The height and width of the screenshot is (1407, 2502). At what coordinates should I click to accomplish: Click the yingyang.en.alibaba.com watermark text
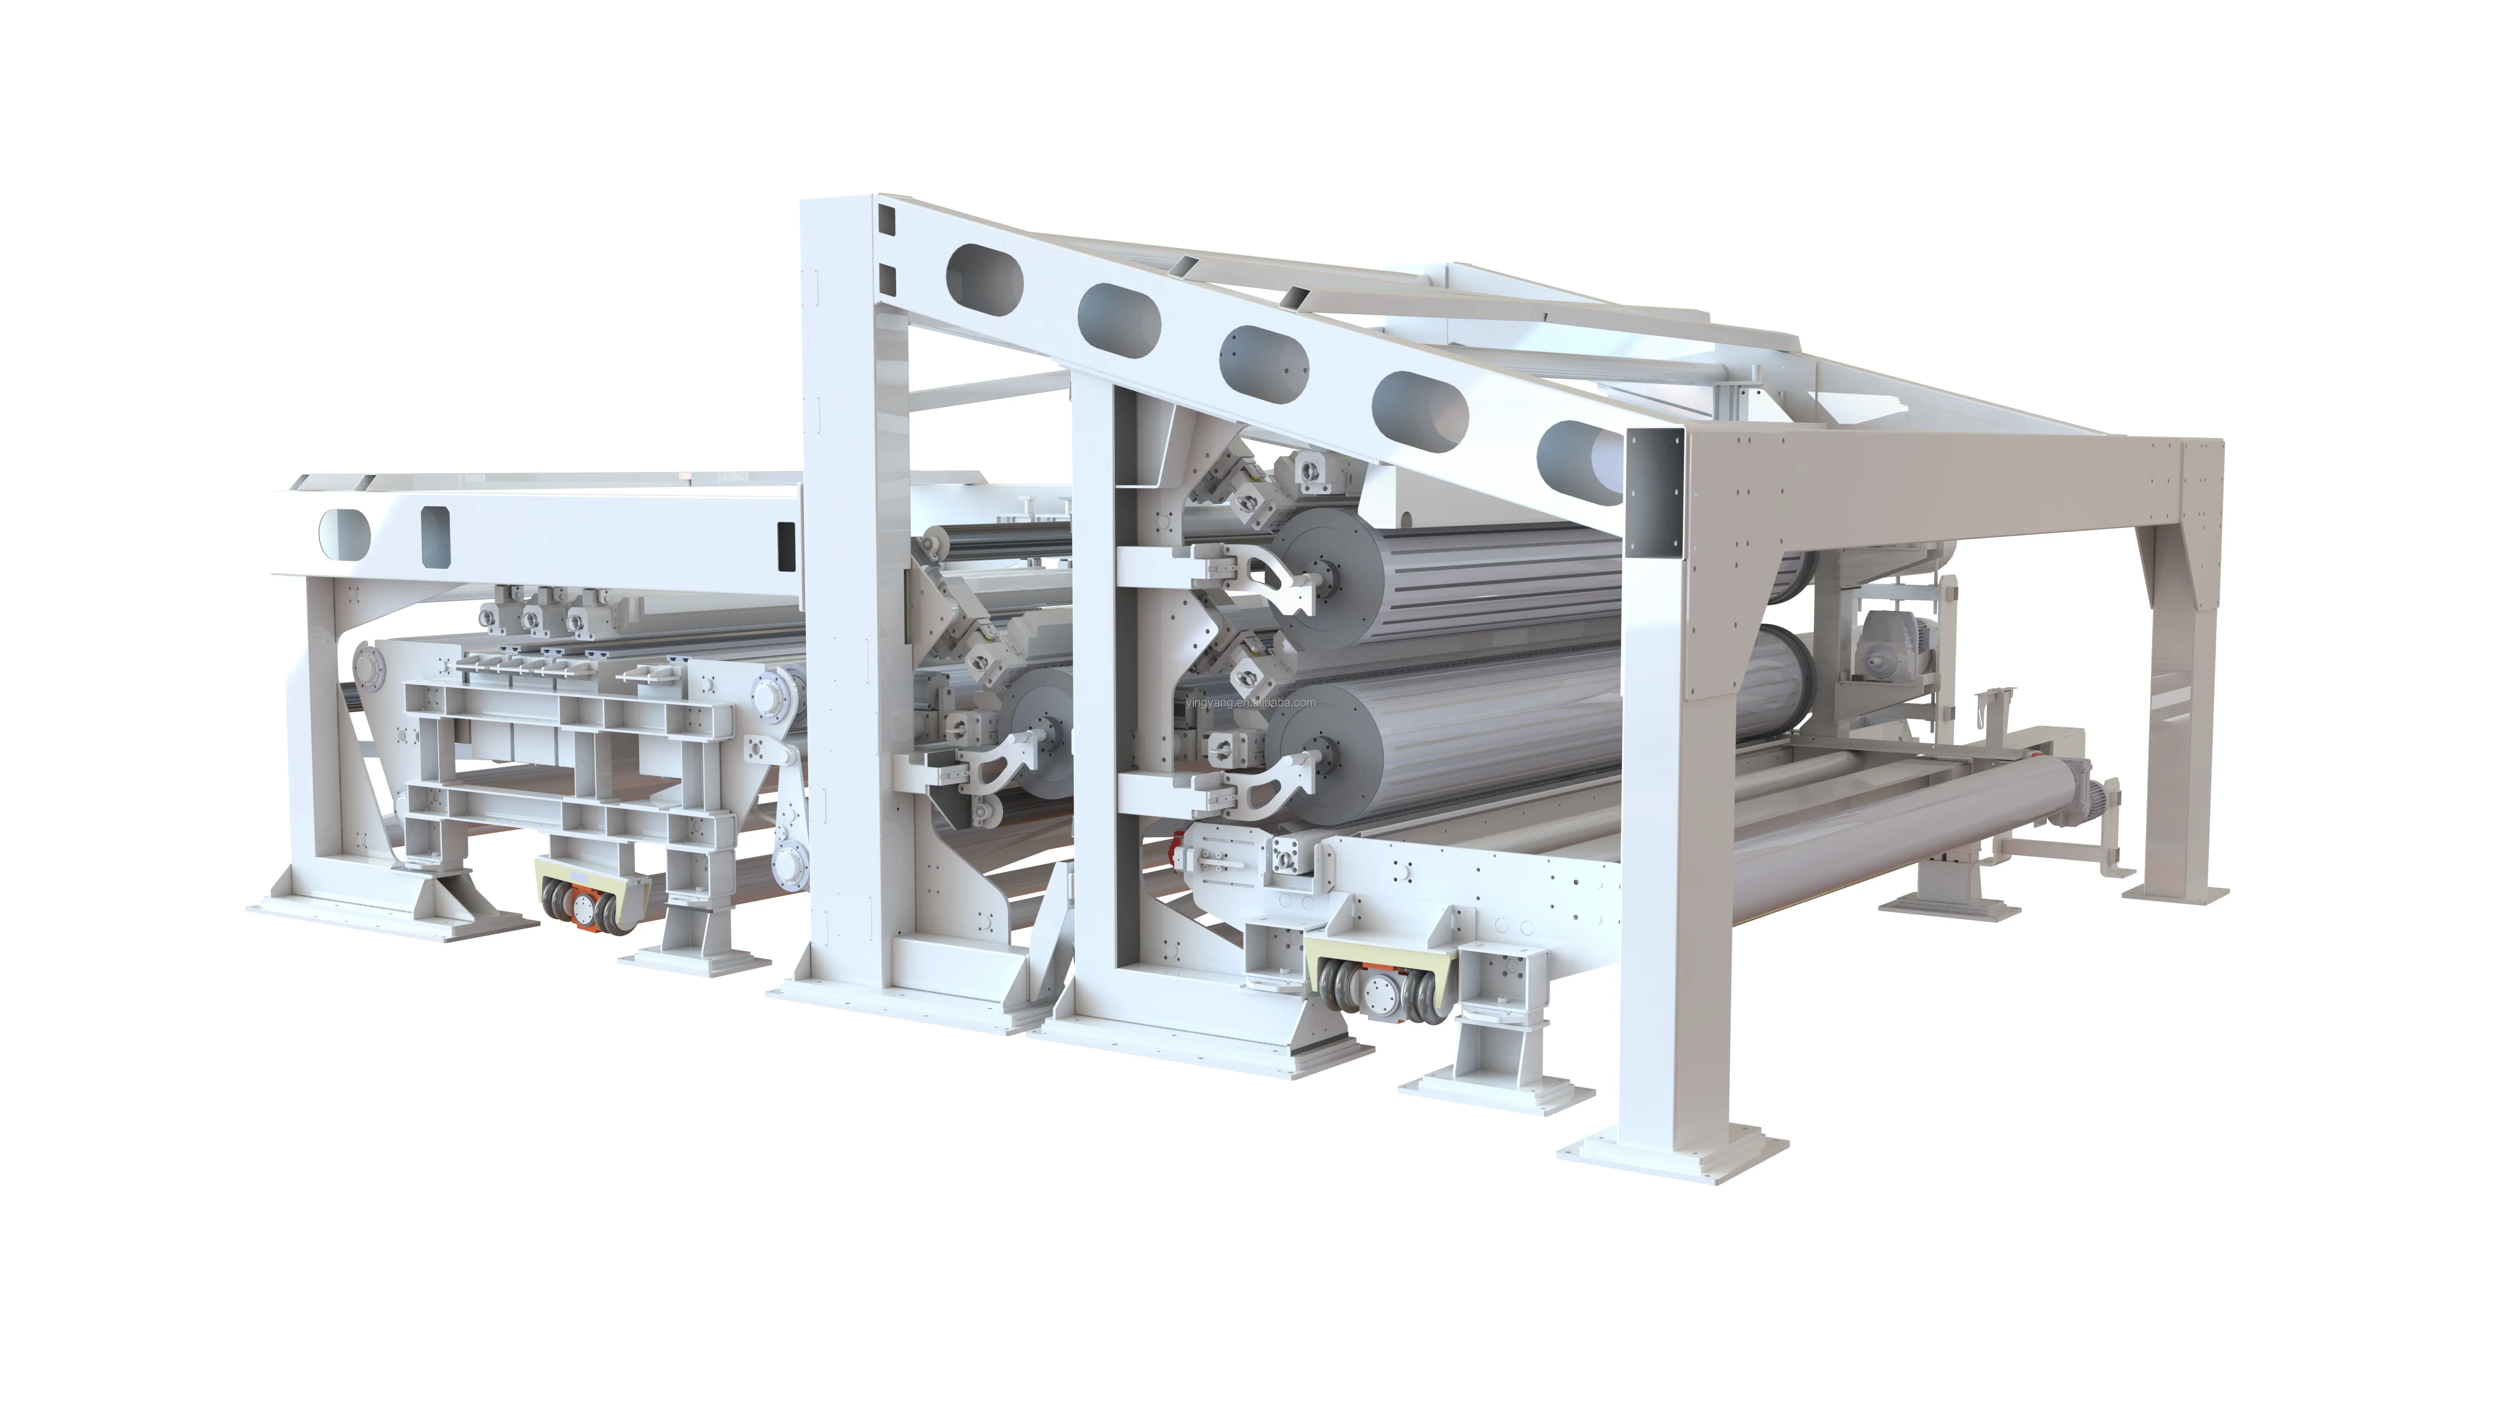1251,703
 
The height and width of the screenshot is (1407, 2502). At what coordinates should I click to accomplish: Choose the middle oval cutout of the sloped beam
1262,357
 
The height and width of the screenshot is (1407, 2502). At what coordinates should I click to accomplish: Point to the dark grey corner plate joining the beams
1654,495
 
